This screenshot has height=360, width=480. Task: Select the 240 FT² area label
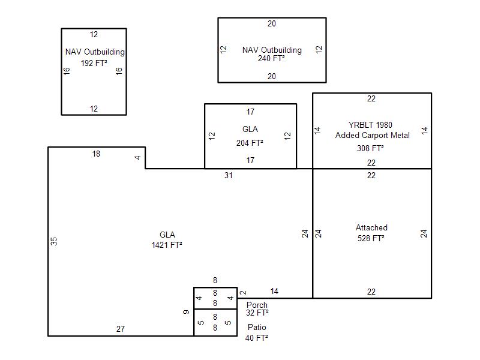pos(271,59)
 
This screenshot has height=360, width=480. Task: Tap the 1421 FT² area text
pos(167,245)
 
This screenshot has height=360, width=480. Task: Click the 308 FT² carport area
pos(371,148)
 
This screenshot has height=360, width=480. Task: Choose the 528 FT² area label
pos(371,238)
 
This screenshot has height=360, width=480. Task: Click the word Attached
pos(371,228)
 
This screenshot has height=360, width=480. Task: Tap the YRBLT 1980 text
pos(371,125)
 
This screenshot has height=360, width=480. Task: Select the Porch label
pos(257,305)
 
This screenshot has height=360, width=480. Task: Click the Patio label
pos(257,328)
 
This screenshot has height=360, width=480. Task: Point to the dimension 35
pos(54,241)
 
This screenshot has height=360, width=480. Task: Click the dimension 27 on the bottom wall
pos(121,329)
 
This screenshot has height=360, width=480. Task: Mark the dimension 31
pos(228,176)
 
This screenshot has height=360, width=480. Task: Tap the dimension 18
pos(96,154)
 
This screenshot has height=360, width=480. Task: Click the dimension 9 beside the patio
pos(187,312)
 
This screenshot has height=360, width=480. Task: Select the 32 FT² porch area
pos(257,313)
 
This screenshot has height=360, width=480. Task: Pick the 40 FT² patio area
pos(256,338)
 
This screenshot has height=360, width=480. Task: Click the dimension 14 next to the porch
pos(274,292)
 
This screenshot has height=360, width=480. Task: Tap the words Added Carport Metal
pos(372,136)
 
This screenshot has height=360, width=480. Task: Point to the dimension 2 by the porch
pos(242,293)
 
